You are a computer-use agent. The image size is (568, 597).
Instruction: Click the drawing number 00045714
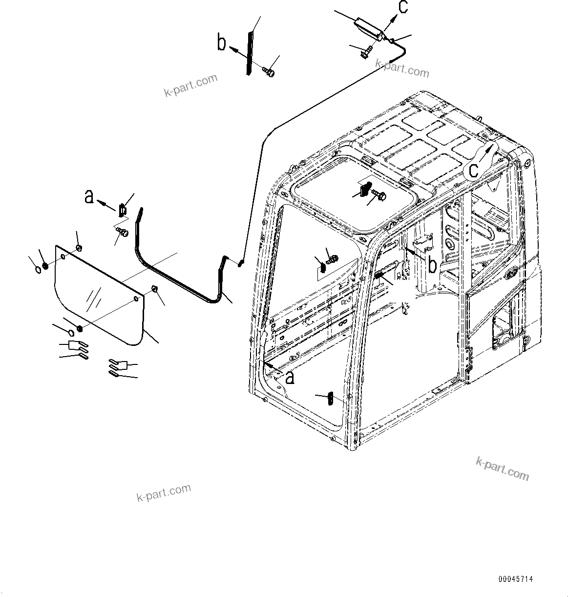click(x=516, y=579)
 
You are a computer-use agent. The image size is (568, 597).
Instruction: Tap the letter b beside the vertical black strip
click(x=222, y=43)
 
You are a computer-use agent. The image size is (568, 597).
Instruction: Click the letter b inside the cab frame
click(x=432, y=264)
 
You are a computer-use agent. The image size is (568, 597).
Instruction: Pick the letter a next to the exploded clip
click(x=89, y=196)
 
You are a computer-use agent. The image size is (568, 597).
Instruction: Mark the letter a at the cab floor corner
click(x=290, y=377)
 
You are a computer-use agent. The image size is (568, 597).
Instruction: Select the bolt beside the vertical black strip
click(x=268, y=72)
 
